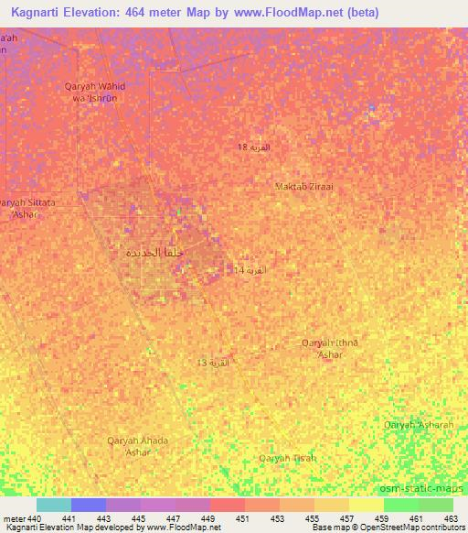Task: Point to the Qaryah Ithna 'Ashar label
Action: [x=330, y=348]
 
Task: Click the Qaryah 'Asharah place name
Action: [x=418, y=425]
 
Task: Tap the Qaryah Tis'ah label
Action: [x=287, y=458]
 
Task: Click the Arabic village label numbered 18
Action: [x=253, y=147]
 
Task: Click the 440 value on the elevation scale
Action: [x=35, y=518]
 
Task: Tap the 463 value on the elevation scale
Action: [x=449, y=518]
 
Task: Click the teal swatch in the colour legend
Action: [x=54, y=505]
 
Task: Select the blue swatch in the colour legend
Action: [x=89, y=505]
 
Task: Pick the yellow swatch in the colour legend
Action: [x=366, y=505]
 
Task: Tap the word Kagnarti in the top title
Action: [x=43, y=13]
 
